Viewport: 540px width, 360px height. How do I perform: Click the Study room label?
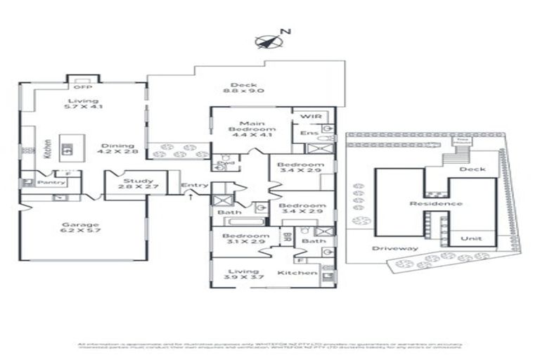tap(134, 185)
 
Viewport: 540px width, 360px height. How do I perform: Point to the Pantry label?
tap(53, 183)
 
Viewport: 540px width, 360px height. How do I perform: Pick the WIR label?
tap(309, 116)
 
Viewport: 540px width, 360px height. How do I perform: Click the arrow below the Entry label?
tap(192, 197)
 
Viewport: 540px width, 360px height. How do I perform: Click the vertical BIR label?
tap(287, 237)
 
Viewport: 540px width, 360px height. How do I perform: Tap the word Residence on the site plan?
tap(437, 204)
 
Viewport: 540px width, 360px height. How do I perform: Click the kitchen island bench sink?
tap(67, 148)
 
